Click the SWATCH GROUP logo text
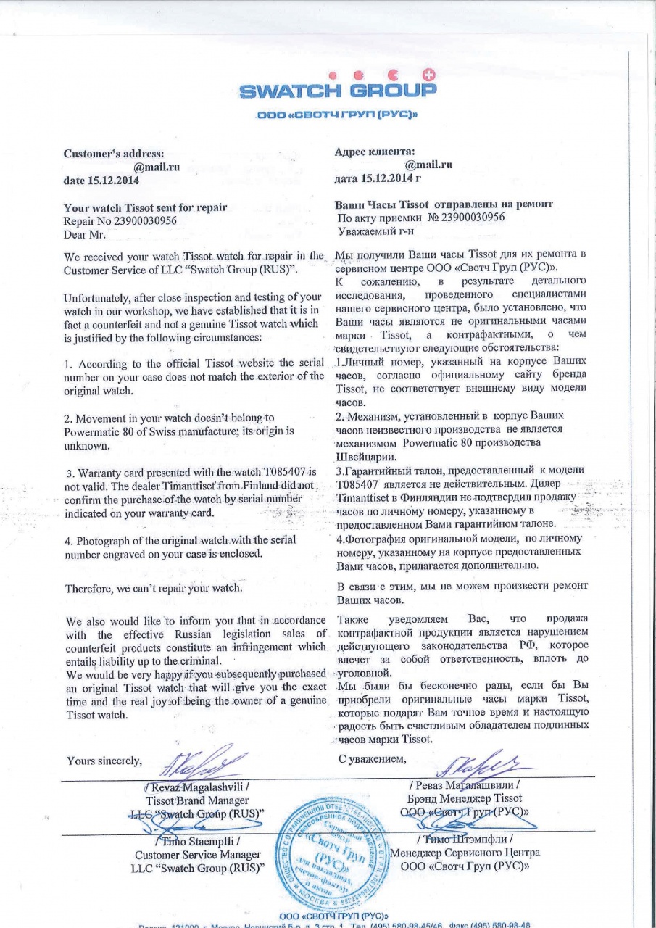338,91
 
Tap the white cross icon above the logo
428,75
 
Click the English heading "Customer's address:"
114,153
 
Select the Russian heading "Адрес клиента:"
375,152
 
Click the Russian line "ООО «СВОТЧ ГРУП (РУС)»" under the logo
338,115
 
